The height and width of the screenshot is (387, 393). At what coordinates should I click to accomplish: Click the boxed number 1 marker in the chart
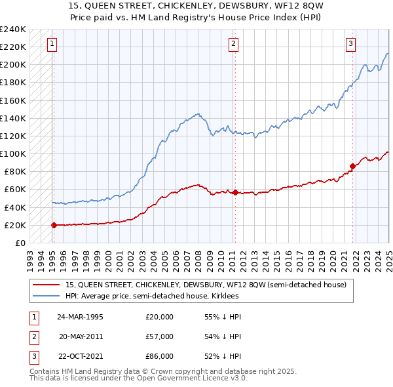[52, 44]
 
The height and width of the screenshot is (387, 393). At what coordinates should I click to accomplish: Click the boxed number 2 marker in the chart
[233, 44]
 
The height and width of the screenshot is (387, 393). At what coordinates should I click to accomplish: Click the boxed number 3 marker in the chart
[350, 44]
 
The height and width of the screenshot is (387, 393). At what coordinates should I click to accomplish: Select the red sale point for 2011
[235, 192]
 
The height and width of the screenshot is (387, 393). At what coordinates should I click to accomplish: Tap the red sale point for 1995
[54, 225]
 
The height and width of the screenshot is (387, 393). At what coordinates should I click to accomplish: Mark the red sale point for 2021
[352, 166]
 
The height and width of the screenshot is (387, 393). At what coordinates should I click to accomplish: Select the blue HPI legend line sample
[47, 296]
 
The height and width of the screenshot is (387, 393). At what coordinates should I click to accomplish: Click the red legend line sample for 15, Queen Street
[47, 285]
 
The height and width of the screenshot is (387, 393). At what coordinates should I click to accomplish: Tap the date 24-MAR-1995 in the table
[81, 317]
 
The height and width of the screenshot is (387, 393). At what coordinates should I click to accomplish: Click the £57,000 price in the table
[159, 336]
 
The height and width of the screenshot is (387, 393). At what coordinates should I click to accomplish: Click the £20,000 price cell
[159, 317]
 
